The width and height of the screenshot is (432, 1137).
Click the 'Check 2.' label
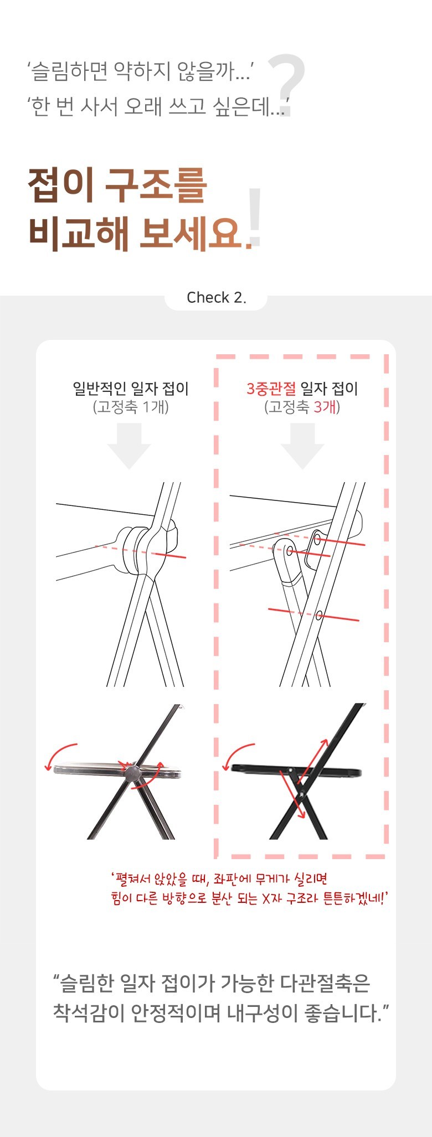coord(216,298)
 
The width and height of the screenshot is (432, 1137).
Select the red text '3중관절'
coord(271,389)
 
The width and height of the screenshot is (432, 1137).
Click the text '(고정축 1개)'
coord(131,407)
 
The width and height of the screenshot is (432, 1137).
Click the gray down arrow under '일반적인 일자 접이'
coord(129,446)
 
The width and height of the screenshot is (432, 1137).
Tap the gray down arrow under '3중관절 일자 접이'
coord(302,446)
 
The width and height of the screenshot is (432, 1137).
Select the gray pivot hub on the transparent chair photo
coord(132,772)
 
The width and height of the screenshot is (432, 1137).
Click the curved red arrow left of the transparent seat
coord(60,754)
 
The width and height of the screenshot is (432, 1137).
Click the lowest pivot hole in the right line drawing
coord(320,614)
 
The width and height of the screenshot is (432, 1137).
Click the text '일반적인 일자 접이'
coord(131,389)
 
